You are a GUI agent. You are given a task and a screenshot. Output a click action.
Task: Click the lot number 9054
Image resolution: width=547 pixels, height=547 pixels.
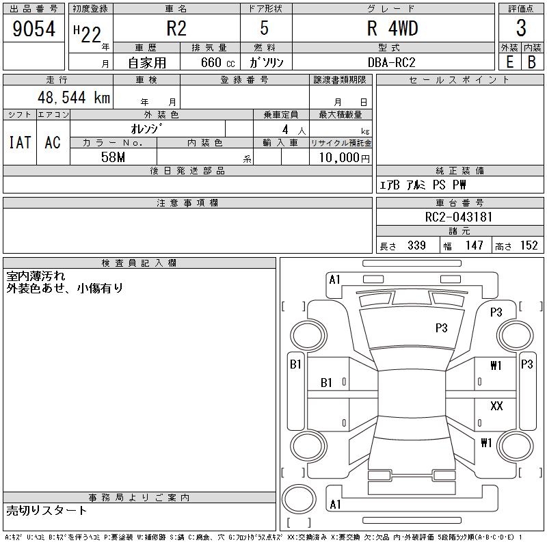pyautogui.click(x=34, y=29)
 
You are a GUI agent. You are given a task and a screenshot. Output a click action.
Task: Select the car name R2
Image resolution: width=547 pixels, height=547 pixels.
pyautogui.click(x=176, y=29)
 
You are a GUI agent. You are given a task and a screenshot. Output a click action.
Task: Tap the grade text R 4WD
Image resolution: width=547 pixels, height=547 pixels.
pyautogui.click(x=392, y=29)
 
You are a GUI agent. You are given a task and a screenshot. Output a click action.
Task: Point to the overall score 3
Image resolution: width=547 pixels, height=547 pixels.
pyautogui.click(x=521, y=29)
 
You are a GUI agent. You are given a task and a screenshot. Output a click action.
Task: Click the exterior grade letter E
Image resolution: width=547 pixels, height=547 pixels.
pyautogui.click(x=509, y=62)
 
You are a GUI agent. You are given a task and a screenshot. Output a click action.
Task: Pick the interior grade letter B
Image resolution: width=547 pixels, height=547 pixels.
pyautogui.click(x=532, y=62)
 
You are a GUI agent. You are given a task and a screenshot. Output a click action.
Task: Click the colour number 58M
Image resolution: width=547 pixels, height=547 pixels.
pyautogui.click(x=114, y=157)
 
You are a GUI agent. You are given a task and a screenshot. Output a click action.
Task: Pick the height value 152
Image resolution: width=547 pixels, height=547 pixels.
pyautogui.click(x=529, y=245)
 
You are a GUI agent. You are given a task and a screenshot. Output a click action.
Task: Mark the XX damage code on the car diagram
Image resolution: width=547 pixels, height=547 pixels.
pyautogui.click(x=496, y=406)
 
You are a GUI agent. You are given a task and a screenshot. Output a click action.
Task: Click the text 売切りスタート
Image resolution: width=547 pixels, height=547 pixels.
pyautogui.click(x=47, y=510)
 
